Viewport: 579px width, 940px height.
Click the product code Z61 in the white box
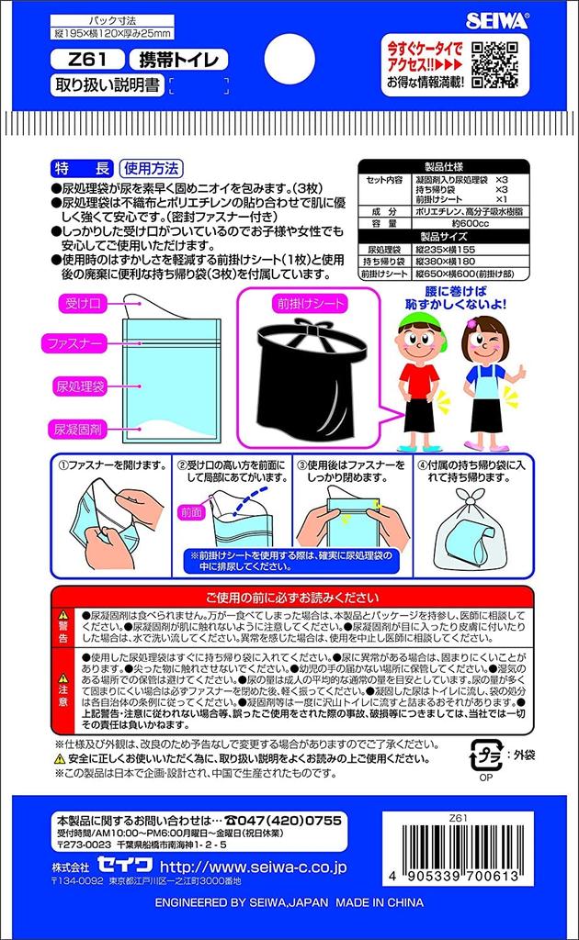[x=85, y=62]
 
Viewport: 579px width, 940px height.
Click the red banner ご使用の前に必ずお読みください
[x=290, y=596]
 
